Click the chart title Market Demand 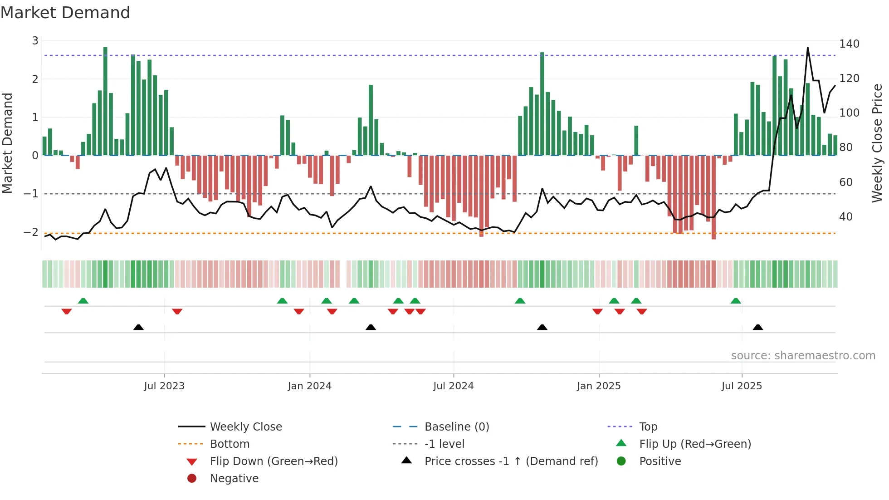tap(65, 13)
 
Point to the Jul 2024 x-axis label tap(453, 386)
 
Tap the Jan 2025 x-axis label tap(598, 386)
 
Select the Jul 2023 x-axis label tap(164, 386)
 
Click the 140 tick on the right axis tap(849, 44)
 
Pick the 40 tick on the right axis tap(845, 217)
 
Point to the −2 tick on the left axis tap(31, 232)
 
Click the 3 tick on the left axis tap(35, 41)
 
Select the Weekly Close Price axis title tap(877, 143)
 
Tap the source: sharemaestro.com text tap(803, 356)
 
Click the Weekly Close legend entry tap(245, 427)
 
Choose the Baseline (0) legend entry tap(456, 427)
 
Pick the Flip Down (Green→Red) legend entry tap(274, 461)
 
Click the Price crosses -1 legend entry tap(511, 461)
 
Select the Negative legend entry tap(234, 479)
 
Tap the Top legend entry tap(648, 427)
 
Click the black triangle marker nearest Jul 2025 tap(757, 327)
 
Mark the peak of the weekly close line tap(807, 48)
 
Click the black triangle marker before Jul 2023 tap(138, 327)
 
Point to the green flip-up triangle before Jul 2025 tap(735, 301)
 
